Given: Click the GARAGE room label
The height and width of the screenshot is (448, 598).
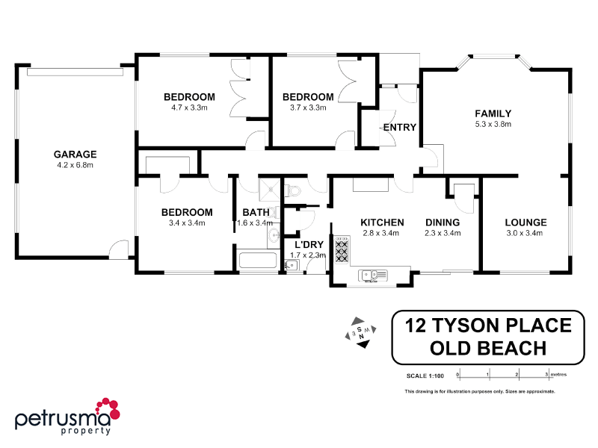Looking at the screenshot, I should pos(75,155).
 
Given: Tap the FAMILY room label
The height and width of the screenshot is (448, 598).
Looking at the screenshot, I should pos(493,113).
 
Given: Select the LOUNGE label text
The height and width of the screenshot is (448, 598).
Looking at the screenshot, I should pos(525,223).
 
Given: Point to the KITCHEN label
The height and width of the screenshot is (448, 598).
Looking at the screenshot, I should pos(382,223).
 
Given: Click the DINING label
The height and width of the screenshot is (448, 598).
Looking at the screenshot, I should pos(443,223).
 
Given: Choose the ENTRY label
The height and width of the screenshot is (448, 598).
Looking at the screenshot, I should pos(399,128).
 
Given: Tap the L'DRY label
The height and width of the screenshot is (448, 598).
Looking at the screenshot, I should pos(308,245).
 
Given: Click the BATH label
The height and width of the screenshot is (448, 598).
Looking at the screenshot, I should pos(256,213).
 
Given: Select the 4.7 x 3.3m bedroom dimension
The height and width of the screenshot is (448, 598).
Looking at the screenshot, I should pos(189,108).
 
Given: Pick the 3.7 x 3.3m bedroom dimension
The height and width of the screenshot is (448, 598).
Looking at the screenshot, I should pos(307,108).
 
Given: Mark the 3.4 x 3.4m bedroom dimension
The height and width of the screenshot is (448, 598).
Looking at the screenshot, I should pos(187,223).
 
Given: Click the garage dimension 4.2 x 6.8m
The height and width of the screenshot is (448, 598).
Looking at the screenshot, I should pos(75,165).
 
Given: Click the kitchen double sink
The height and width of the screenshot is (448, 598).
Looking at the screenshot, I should pos(370,275).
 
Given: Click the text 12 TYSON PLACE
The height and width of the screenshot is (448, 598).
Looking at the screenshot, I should pos(487,325).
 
